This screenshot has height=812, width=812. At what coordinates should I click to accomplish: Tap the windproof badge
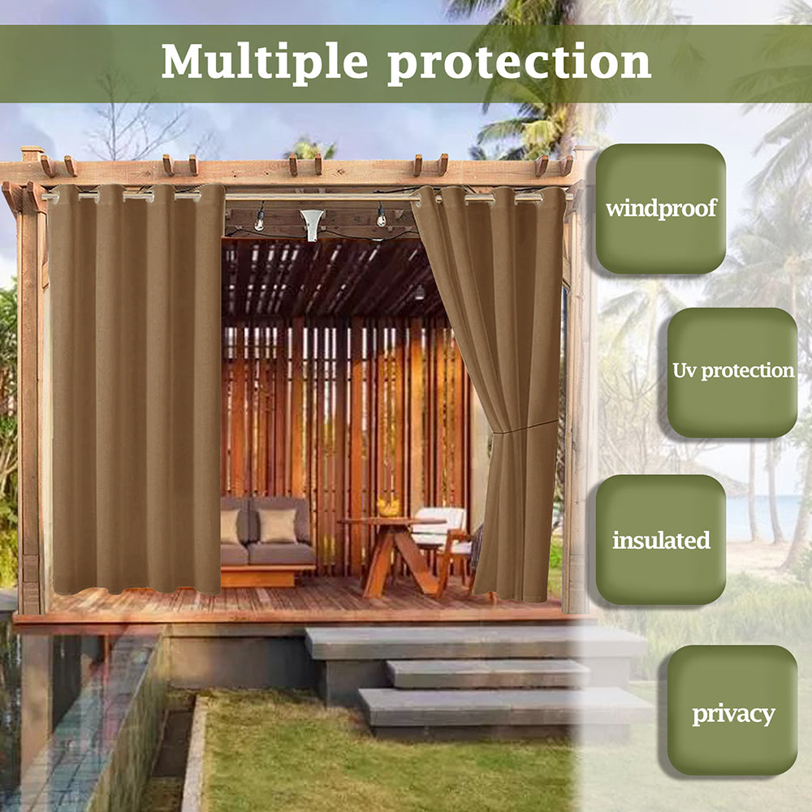click(660, 209)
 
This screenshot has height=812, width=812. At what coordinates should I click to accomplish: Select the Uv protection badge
click(732, 372)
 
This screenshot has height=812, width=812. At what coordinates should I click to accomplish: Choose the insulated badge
click(660, 540)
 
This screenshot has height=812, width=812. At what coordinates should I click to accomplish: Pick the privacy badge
click(732, 714)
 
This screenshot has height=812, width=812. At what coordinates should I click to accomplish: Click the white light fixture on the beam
click(312, 224)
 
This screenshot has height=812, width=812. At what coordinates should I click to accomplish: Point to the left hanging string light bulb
click(260, 219)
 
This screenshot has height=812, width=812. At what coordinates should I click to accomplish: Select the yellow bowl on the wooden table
click(389, 508)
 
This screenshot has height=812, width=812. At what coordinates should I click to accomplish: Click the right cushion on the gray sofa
click(279, 526)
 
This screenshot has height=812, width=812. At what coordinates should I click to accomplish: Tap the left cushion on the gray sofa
click(231, 526)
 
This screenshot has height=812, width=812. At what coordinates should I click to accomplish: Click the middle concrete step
click(487, 673)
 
